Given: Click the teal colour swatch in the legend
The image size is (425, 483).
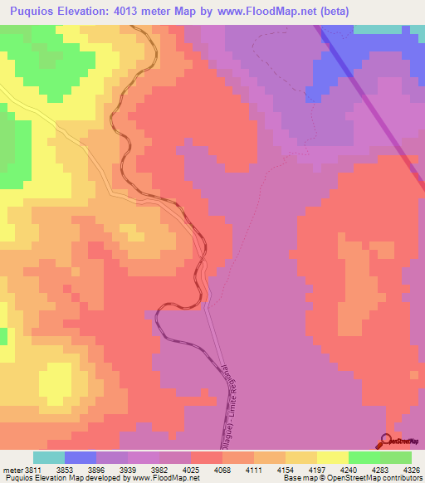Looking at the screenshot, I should point(49,457).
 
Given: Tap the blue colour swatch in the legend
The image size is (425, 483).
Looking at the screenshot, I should point(81,457).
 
